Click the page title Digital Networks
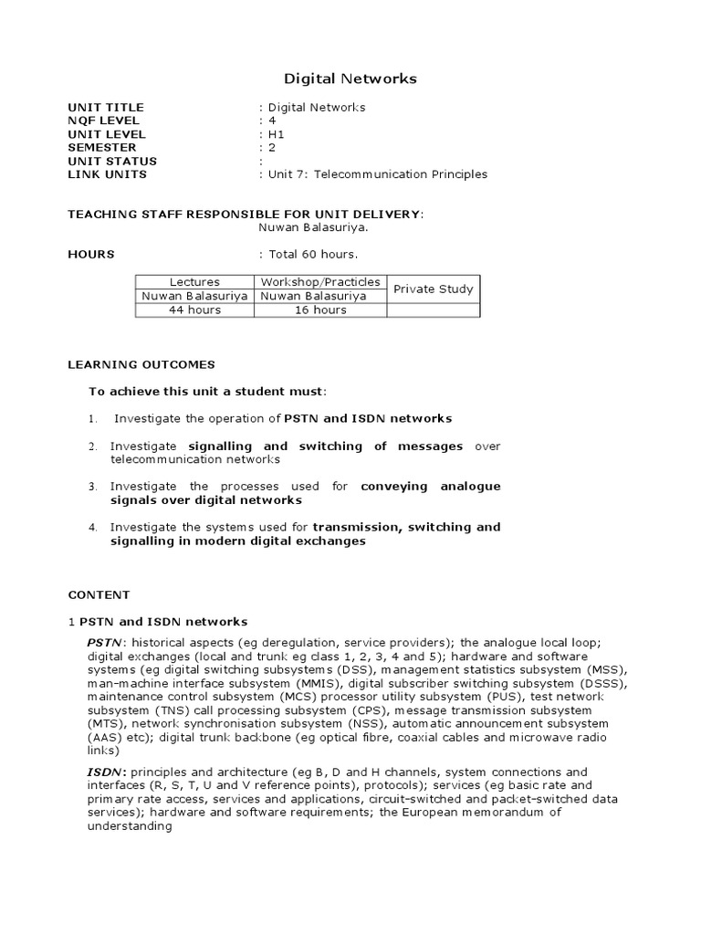350,79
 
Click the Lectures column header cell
194,282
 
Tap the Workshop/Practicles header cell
320,282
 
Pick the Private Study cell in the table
434,289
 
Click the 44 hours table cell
194,310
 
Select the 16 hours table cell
320,310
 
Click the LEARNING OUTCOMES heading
141,364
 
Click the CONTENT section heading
99,594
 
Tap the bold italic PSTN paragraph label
104,643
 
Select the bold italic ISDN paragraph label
104,772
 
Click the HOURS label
91,254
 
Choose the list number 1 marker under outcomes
92,419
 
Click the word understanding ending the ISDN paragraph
130,826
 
